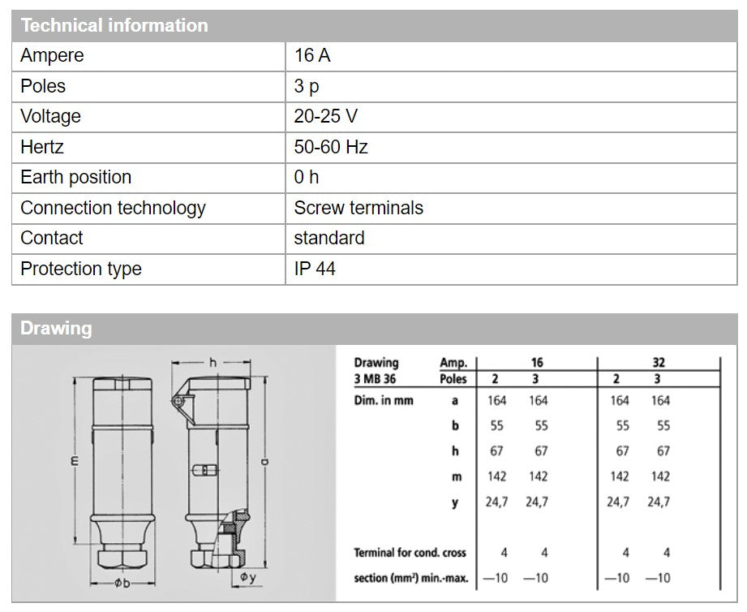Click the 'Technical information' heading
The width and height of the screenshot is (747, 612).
tap(114, 25)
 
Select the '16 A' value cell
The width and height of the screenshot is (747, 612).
tap(312, 56)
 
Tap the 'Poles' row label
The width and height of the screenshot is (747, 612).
tap(43, 86)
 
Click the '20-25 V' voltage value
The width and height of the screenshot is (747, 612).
tap(325, 116)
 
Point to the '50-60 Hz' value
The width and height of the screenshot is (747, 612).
tap(331, 147)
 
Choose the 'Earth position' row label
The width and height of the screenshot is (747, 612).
tap(75, 177)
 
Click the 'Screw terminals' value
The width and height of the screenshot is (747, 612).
tap(358, 208)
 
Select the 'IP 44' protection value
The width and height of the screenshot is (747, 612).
tap(315, 269)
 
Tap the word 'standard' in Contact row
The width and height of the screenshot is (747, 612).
tap(329, 238)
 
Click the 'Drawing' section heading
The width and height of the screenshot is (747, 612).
tap(56, 329)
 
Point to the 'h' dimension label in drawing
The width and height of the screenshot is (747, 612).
tap(213, 363)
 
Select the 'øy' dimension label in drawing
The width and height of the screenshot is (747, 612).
tap(247, 577)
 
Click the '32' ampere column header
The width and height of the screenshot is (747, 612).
tap(658, 363)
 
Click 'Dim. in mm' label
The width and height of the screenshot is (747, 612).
tap(384, 400)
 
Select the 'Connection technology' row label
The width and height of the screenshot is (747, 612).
tap(113, 208)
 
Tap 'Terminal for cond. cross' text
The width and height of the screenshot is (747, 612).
tap(410, 553)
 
